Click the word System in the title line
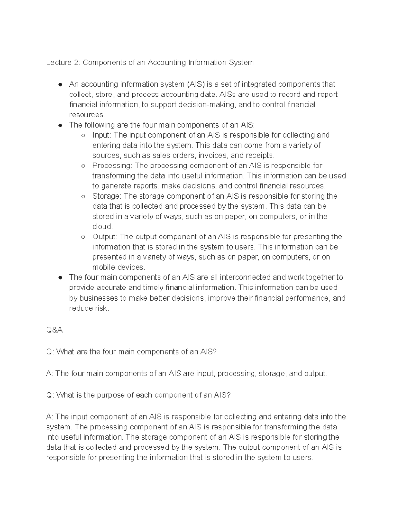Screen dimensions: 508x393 (242, 62)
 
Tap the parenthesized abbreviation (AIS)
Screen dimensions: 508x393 (196, 84)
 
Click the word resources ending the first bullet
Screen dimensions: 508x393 (86, 115)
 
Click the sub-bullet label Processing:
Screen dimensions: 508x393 (112, 166)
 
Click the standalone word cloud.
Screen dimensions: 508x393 (102, 226)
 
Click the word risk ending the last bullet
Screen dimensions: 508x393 (101, 308)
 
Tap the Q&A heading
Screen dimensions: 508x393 (54, 330)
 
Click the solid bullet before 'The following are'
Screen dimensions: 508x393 (60, 125)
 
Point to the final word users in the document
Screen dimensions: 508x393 (303, 457)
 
